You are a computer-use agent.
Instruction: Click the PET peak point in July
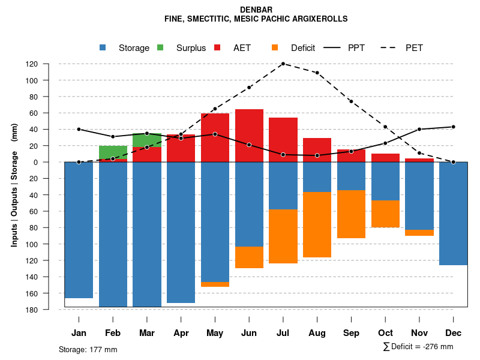click(283, 64)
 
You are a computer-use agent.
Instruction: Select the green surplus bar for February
click(113, 152)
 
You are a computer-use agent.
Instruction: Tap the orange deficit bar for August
click(317, 224)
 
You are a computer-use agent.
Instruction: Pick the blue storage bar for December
click(454, 213)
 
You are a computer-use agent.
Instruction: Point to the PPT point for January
click(79, 129)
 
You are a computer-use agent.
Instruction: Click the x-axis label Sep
click(351, 333)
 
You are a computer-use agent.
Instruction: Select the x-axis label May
click(215, 333)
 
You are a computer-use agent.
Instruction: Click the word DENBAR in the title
click(256, 10)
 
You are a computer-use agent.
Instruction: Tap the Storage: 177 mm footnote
click(88, 349)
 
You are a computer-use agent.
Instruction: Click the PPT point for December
click(454, 127)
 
